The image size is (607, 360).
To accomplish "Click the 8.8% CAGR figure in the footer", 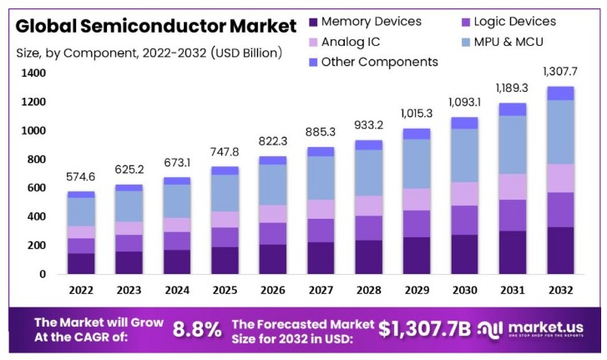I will (x=197, y=330).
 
